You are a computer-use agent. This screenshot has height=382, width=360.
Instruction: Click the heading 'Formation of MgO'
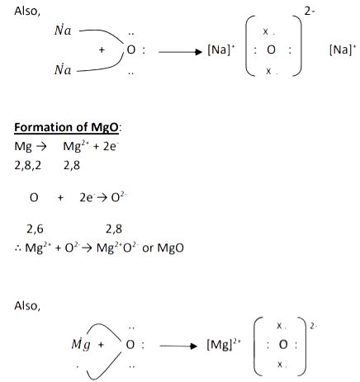[66, 128]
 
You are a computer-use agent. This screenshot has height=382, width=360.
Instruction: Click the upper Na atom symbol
[63, 30]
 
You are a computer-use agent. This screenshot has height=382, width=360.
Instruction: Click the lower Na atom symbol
[63, 69]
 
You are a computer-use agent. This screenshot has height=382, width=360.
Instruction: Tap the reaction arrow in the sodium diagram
[180, 52]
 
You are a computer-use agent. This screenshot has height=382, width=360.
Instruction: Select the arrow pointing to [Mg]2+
[178, 346]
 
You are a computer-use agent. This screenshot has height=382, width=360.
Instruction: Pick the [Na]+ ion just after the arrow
[221, 50]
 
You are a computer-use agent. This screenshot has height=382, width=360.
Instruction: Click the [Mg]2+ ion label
[224, 344]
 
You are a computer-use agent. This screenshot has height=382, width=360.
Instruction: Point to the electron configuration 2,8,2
[28, 166]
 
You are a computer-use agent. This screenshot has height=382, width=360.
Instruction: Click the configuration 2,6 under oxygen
[35, 229]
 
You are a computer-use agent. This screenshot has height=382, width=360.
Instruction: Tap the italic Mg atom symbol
[81, 344]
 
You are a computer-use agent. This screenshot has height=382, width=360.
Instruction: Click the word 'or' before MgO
[148, 248]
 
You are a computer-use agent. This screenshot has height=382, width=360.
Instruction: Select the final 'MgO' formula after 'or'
[170, 248]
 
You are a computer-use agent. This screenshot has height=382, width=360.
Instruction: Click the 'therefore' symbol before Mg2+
[18, 248]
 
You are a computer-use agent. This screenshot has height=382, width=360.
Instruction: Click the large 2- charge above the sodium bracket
[310, 12]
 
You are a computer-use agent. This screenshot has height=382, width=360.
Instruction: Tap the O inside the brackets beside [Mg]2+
[283, 344]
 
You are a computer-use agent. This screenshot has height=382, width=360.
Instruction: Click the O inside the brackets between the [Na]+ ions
[271, 50]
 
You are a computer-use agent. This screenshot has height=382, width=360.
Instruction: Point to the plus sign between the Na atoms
[102, 50]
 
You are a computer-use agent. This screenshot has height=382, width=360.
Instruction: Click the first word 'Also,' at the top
[27, 12]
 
